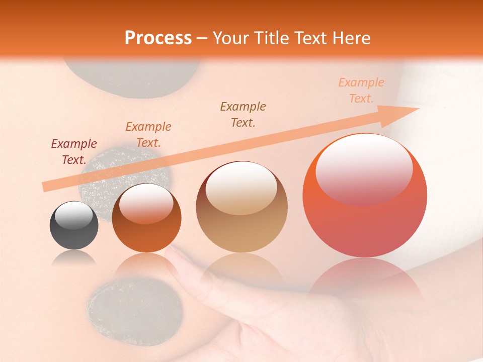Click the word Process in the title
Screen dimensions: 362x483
[158, 38]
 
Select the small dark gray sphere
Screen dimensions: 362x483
[74, 226]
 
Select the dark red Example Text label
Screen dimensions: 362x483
[74, 152]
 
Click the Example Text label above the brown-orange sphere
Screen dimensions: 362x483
[148, 135]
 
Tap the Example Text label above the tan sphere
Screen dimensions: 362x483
[243, 115]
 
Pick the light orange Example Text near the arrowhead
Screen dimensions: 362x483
[361, 90]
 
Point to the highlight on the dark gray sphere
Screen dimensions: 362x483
[74, 214]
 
